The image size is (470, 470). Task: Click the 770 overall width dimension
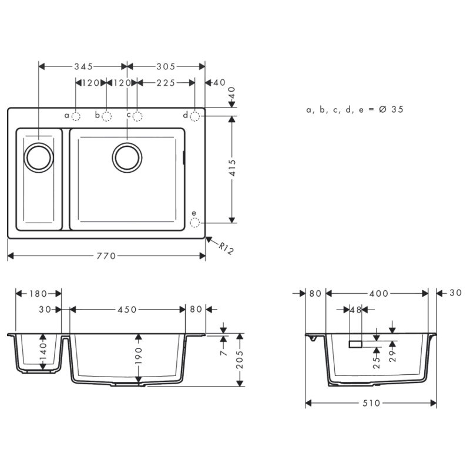[106, 256]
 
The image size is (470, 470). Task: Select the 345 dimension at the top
[83, 66]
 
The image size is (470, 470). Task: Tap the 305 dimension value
[166, 66]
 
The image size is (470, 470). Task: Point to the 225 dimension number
[166, 83]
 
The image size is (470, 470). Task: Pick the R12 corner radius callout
[226, 248]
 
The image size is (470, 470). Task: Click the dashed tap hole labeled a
[76, 116]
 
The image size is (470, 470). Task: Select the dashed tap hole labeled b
[106, 116]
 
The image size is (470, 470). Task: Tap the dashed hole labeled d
[195, 116]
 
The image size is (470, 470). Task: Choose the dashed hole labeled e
[195, 223]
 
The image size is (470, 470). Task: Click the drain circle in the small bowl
[38, 157]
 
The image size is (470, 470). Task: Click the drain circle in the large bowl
[127, 157]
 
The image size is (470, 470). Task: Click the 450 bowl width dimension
[127, 309]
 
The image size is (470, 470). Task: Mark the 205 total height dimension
[240, 360]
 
